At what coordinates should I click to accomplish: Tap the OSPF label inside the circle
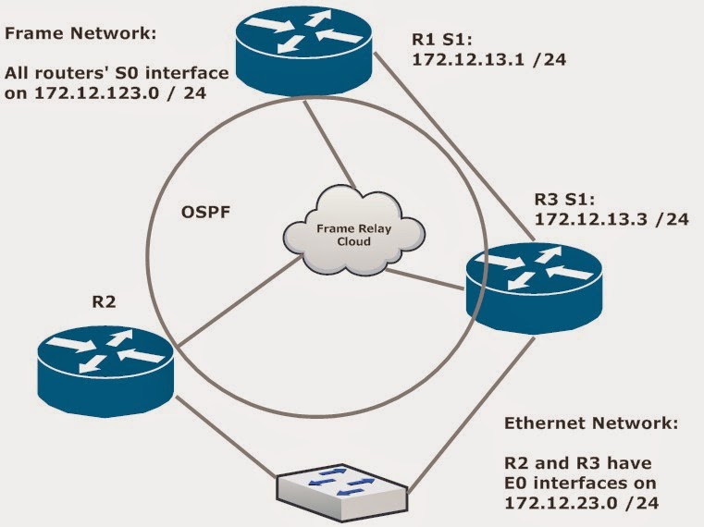click(x=205, y=212)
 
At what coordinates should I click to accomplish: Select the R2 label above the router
click(x=104, y=301)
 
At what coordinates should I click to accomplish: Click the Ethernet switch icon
click(x=341, y=490)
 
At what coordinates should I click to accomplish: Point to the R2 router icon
click(x=105, y=372)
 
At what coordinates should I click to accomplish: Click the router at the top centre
click(x=304, y=50)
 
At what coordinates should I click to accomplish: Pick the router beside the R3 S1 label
click(x=534, y=288)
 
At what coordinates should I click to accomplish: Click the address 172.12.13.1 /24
click(x=489, y=60)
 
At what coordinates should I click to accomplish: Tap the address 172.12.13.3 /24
click(x=611, y=218)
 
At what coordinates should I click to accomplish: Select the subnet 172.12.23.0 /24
click(x=582, y=503)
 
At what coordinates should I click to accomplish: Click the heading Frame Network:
click(x=80, y=33)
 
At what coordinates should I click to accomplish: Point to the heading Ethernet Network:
click(x=591, y=423)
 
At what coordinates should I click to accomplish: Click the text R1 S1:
click(x=442, y=40)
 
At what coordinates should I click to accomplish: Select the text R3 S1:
click(x=564, y=199)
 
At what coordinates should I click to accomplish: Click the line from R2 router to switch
click(x=225, y=436)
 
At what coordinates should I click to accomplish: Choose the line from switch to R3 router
click(x=471, y=415)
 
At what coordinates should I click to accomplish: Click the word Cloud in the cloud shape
click(x=353, y=241)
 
